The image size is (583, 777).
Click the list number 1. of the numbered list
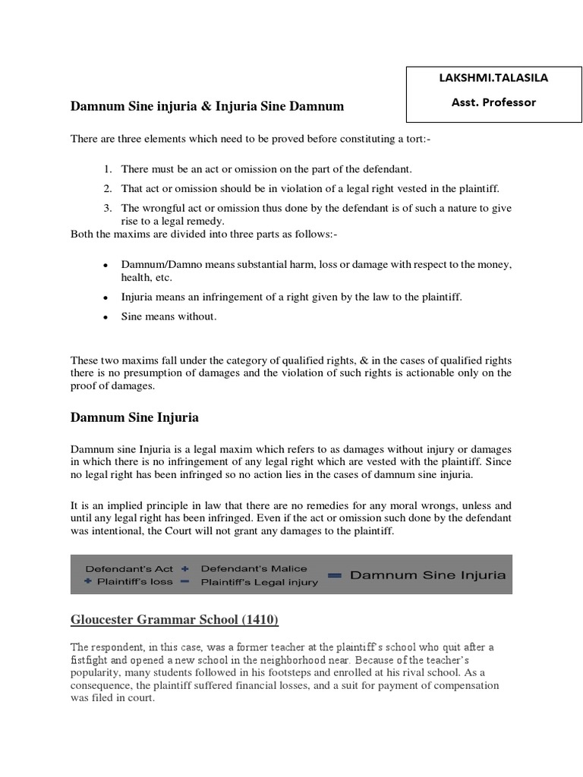109,168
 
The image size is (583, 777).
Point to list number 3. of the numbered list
109,208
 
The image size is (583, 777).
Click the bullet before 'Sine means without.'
104,318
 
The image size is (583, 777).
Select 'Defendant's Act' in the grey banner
120,568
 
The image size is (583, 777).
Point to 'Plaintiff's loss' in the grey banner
135,582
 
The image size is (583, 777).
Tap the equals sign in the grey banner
334,575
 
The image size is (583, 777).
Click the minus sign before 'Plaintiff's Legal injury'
185,582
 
